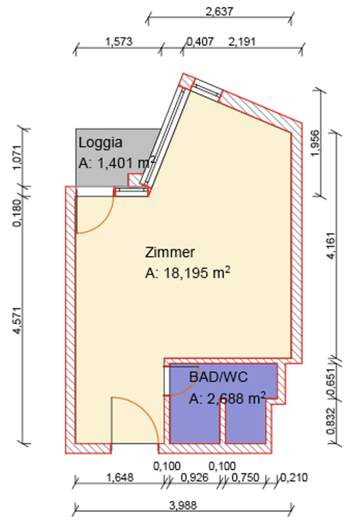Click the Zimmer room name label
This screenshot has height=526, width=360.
click(170, 252)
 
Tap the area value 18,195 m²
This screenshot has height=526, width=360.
click(188, 273)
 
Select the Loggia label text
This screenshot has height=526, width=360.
click(100, 143)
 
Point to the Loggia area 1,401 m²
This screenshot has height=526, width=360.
click(117, 163)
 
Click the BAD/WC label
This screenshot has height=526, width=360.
click(218, 377)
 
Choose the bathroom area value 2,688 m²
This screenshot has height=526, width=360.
click(227, 398)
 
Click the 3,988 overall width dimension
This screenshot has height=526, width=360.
click(183, 505)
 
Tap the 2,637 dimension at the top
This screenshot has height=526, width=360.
click(220, 12)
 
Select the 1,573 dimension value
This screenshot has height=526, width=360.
click(119, 41)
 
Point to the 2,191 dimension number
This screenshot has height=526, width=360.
click(242, 41)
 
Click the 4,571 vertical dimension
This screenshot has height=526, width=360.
click(17, 320)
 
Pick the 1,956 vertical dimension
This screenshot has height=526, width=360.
click(315, 143)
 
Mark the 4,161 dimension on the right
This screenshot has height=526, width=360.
click(331, 246)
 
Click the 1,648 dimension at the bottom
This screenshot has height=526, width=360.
click(120, 477)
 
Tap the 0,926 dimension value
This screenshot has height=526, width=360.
click(195, 477)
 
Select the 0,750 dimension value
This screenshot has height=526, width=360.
click(245, 477)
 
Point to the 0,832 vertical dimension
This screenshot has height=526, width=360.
click(331, 421)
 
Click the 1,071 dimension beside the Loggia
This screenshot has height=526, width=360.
click(17, 158)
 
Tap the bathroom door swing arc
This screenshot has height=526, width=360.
click(189, 387)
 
